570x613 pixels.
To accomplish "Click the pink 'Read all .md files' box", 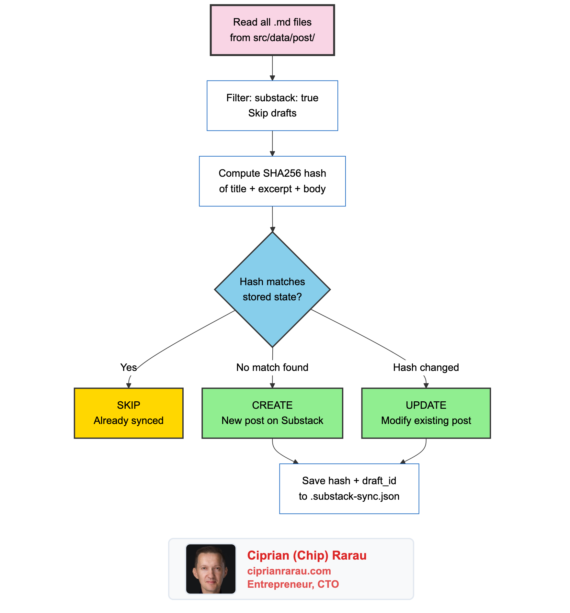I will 272,30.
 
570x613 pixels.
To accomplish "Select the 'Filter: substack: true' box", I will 272,106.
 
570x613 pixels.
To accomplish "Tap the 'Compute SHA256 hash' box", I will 272,181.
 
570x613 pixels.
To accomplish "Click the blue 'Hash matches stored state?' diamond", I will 272,289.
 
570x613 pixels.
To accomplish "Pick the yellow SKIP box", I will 129,413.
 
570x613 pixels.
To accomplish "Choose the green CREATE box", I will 272,413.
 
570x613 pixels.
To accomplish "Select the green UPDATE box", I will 426,413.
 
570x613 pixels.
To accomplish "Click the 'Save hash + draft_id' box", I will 349,488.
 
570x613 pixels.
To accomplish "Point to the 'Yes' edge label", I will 128,367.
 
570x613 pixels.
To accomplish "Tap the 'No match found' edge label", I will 272,367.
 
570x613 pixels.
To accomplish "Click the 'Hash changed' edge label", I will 426,367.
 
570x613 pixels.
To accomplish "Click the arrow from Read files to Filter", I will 272,68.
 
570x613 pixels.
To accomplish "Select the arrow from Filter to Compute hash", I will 272,143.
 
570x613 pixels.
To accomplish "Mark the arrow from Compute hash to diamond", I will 272,219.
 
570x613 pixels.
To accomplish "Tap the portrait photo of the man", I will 211,569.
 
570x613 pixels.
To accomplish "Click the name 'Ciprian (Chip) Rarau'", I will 306,555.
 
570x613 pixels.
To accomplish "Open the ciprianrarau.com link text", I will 289,571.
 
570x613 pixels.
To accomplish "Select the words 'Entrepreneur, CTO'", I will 293,584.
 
